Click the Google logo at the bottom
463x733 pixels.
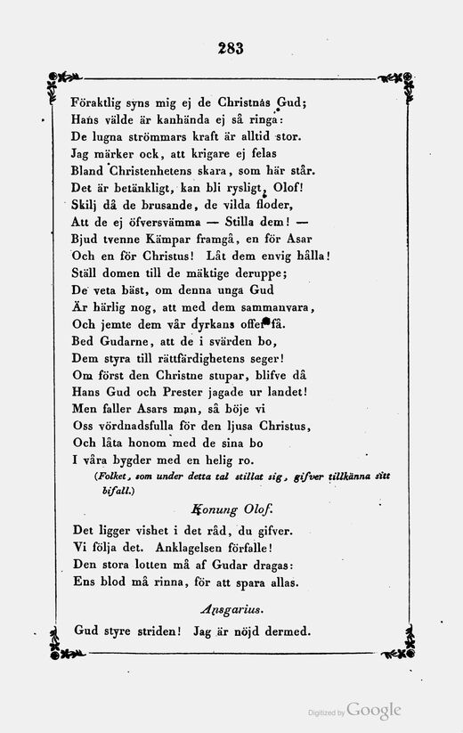(x=373, y=710)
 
